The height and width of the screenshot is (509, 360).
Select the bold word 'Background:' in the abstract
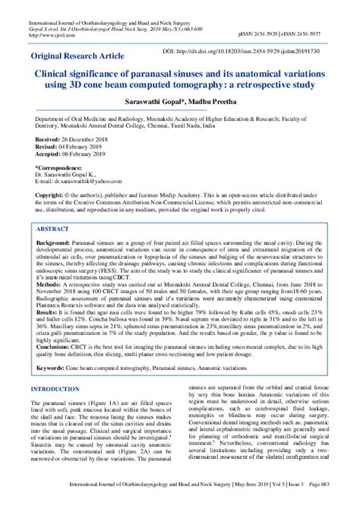tap(52, 263)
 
